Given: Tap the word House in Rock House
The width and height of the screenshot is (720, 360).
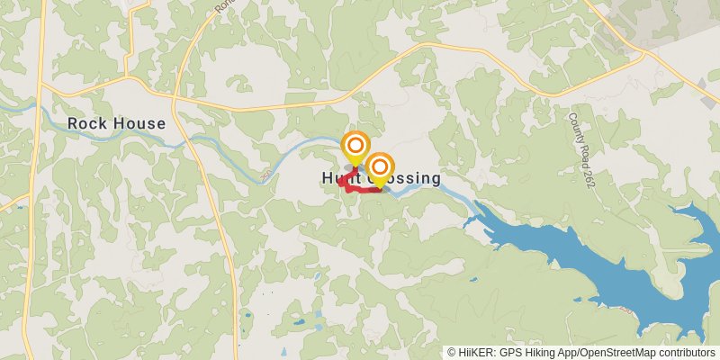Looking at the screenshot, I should click(x=139, y=123).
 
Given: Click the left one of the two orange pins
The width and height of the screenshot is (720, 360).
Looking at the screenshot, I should click(x=355, y=146).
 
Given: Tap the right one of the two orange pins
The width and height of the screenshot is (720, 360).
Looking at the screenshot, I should click(x=380, y=167).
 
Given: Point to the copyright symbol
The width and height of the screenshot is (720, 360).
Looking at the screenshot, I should click(x=453, y=353).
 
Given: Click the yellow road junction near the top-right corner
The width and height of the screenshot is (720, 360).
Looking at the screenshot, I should click(x=644, y=52).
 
